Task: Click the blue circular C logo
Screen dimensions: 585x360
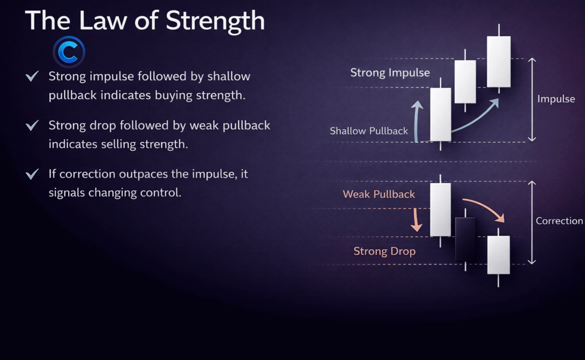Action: point(69,52)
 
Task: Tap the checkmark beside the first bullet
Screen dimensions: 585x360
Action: point(32,76)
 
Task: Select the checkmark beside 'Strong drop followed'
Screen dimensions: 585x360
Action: point(32,125)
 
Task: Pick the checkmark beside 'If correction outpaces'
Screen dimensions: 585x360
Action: point(32,174)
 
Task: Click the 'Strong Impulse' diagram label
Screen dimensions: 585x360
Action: point(390,73)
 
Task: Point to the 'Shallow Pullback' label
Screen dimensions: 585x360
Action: point(368,131)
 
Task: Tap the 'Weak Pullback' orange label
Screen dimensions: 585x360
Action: point(379,194)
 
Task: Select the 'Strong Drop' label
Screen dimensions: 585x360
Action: point(384,251)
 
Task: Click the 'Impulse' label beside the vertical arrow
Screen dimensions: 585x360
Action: point(556,99)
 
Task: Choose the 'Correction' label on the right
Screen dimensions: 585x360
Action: point(559,221)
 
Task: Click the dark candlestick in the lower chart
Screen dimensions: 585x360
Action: point(466,239)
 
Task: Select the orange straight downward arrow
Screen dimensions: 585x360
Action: point(416,220)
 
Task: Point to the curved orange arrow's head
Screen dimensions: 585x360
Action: point(500,218)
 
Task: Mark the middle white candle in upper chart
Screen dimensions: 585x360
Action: point(465,81)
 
